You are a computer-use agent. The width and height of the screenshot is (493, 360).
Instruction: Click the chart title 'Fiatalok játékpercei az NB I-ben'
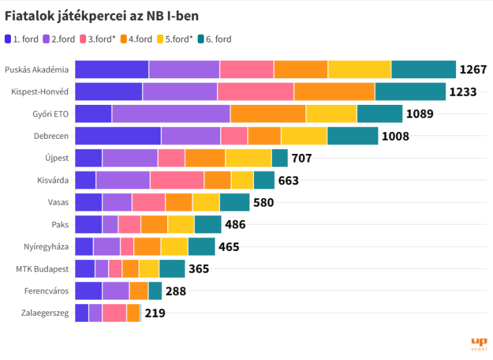[101, 16]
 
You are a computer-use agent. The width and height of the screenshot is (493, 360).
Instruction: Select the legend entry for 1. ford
[21, 39]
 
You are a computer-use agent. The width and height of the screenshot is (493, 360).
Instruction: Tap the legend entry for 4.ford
[136, 39]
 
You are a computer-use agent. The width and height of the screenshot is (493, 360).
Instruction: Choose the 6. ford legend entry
[215, 39]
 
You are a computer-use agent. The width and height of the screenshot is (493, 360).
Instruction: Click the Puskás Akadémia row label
[36, 70]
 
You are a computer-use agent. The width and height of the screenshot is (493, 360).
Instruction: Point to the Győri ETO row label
[50, 114]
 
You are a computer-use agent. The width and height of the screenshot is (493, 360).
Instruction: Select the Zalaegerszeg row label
[45, 313]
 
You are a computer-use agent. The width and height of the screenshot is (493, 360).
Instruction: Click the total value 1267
[473, 70]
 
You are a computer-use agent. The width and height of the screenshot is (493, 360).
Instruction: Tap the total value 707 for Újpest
[301, 158]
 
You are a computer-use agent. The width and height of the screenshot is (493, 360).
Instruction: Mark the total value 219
[155, 313]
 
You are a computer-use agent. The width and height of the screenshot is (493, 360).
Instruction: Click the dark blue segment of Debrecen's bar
[118, 136]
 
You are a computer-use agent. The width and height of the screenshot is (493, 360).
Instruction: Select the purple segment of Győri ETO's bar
[171, 114]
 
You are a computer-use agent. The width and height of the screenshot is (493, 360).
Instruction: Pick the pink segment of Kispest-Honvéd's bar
[256, 92]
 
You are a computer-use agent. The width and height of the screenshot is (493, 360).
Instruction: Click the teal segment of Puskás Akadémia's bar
[424, 70]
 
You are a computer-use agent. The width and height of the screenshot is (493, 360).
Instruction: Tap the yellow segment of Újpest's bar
[249, 158]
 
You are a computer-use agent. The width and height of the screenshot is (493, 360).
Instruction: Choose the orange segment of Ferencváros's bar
[139, 291]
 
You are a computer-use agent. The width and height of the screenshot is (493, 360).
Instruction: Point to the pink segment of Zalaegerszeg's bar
[115, 313]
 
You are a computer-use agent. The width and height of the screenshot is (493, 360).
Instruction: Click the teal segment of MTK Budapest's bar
[172, 269]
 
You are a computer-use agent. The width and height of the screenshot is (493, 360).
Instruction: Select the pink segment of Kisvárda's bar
[177, 181]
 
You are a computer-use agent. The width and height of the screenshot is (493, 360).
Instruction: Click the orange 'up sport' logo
[479, 344]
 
